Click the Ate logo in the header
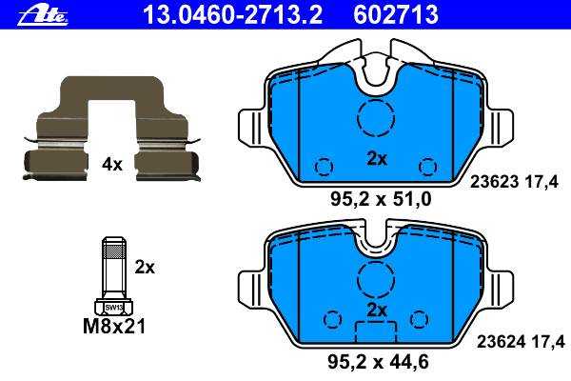pyautogui.click(x=43, y=16)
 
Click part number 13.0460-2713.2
pyautogui.click(x=233, y=15)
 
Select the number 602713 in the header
pyautogui.click(x=396, y=15)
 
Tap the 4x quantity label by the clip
pyautogui.click(x=111, y=165)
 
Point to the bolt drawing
pyautogui.click(x=113, y=275)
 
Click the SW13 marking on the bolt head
pyautogui.click(x=113, y=308)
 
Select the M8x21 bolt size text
pyautogui.click(x=114, y=327)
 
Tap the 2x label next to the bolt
pyautogui.click(x=145, y=268)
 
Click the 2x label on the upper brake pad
pyautogui.click(x=377, y=159)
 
